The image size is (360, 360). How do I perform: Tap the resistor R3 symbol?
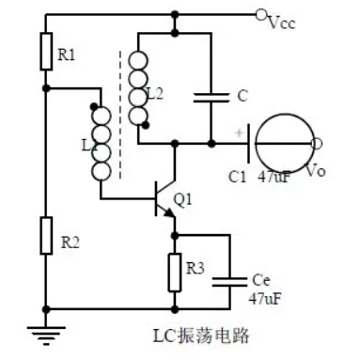coord(173,271)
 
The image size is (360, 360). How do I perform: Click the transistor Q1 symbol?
coord(165,199)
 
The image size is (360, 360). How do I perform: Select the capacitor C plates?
coord(212,94)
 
